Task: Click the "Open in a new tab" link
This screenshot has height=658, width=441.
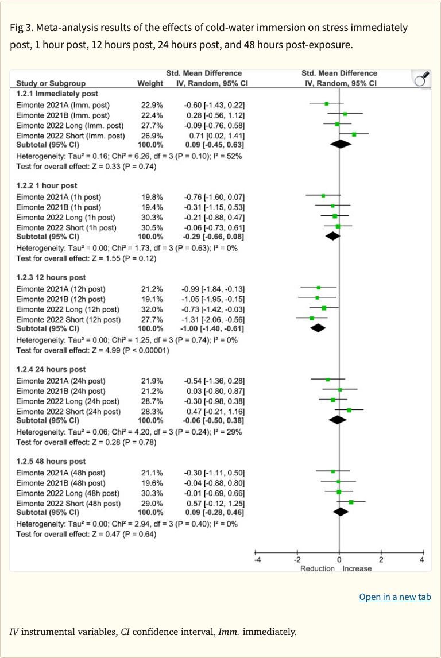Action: pos(394,597)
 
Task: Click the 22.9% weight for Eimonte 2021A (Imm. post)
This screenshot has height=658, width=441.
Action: pos(152,105)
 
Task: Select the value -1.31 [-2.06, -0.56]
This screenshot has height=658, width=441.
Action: pos(214,319)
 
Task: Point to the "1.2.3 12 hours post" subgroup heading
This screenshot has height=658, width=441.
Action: pos(52,277)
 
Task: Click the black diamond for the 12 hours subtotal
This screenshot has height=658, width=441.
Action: pos(317,328)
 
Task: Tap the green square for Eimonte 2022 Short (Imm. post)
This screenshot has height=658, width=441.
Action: pos(354,134)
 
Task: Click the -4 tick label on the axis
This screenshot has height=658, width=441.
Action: pos(257,559)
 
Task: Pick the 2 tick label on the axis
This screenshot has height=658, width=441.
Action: pos(380,559)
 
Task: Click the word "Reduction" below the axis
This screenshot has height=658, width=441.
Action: pos(318,568)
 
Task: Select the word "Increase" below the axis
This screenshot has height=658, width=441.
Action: pos(357,568)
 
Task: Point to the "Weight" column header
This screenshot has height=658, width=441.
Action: pos(150,83)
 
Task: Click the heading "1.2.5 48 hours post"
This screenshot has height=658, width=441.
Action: pos(52,461)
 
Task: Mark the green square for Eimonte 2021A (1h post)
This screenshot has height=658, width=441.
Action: pos(323,196)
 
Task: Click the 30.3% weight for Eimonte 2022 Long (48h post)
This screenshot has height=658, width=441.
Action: pos(152,493)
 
